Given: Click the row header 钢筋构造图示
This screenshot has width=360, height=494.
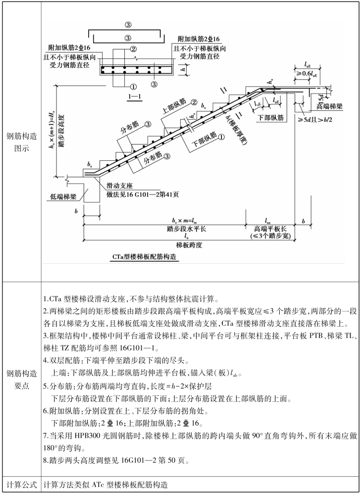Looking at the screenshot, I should pyautogui.click(x=21, y=142).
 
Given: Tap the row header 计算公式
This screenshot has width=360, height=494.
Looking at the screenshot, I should pyautogui.click(x=21, y=485).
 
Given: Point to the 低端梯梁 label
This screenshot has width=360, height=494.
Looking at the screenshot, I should pyautogui.click(x=63, y=196).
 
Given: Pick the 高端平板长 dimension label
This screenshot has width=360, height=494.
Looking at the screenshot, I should pyautogui.click(x=268, y=229).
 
